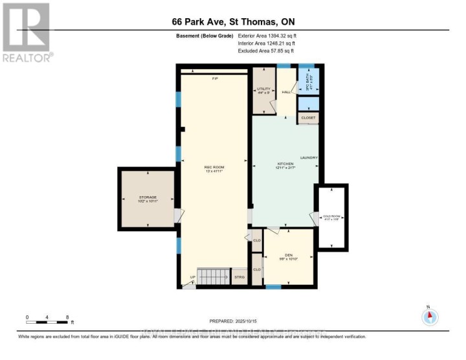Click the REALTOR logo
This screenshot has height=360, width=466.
tap(27, 32)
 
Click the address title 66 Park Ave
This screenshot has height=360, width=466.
tap(232, 21)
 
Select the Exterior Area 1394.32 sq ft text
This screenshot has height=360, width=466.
tap(266, 37)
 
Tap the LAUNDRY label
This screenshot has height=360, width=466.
tap(307, 158)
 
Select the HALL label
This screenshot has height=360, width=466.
tap(285, 92)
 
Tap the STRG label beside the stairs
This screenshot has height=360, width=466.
tap(239, 277)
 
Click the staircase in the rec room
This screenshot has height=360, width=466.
tap(214, 277)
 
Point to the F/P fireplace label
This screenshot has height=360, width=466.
tap(215, 78)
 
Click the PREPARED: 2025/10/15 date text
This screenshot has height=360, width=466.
tap(233, 322)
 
